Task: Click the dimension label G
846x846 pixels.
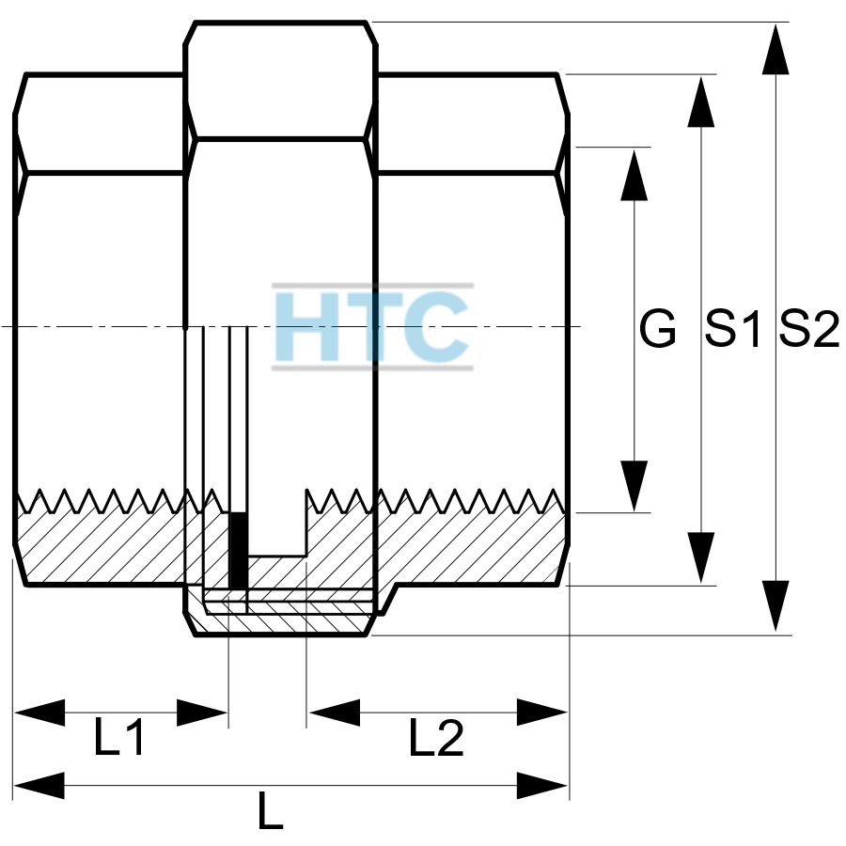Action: tap(657, 329)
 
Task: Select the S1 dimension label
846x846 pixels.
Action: tap(733, 329)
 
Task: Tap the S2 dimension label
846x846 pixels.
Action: tap(808, 329)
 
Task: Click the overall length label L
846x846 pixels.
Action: tap(271, 810)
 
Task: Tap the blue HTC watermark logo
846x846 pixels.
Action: tap(372, 327)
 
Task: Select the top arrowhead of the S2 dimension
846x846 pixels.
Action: tap(775, 49)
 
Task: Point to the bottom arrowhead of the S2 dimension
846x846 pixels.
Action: tap(775, 606)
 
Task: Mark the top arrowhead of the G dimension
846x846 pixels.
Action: tap(634, 176)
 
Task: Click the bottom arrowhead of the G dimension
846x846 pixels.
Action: tap(634, 486)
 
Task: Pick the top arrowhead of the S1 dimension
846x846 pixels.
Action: tap(701, 102)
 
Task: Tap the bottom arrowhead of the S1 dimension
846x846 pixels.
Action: tap(701, 557)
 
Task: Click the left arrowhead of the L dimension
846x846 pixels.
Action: tap(39, 786)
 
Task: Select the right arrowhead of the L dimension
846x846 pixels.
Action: tap(542, 786)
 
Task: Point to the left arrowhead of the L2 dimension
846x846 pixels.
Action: tap(335, 713)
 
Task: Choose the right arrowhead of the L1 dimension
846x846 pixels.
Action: tap(202, 713)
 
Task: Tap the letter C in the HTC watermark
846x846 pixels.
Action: tap(437, 327)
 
